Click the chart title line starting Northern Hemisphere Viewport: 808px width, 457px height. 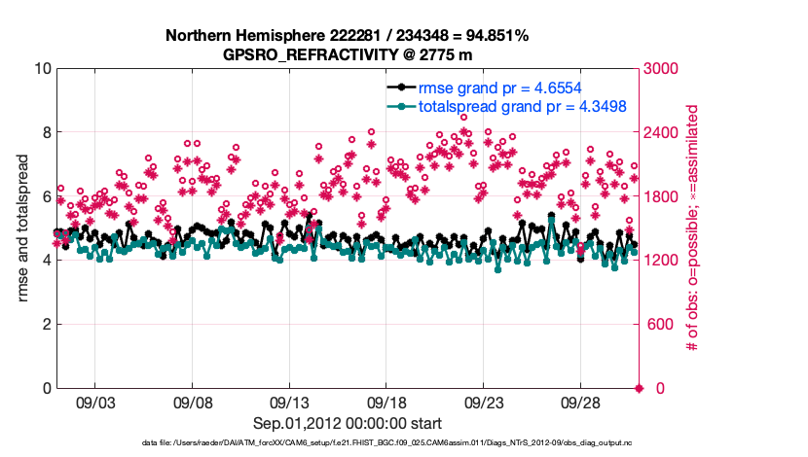click(348, 36)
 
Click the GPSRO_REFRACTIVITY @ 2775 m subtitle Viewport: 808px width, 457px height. click(348, 54)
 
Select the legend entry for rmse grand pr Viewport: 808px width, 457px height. click(507, 87)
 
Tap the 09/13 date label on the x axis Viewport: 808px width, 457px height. click(290, 403)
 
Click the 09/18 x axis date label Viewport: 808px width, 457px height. click(387, 403)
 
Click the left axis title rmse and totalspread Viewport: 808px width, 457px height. click(22, 228)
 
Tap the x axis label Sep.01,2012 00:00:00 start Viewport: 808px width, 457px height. click(348, 423)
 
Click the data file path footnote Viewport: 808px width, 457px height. click(348, 443)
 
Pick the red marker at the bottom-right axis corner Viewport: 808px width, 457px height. click(639, 388)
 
